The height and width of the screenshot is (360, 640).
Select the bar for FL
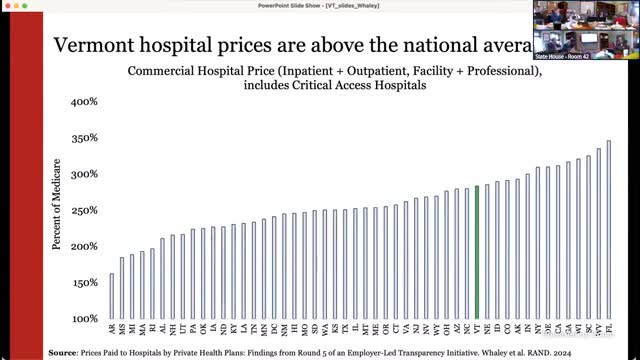pyautogui.click(x=608, y=230)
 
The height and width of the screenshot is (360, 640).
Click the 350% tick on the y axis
pyautogui.click(x=83, y=138)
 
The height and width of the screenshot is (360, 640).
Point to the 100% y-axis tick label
pyautogui.click(x=83, y=319)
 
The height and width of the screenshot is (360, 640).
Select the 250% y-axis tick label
pyautogui.click(x=83, y=210)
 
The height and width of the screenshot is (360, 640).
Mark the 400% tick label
pyautogui.click(x=83, y=102)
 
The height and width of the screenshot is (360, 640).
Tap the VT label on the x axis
pyautogui.click(x=477, y=328)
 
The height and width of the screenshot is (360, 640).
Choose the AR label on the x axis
pyautogui.click(x=111, y=328)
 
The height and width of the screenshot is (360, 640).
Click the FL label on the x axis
pyautogui.click(x=608, y=328)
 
